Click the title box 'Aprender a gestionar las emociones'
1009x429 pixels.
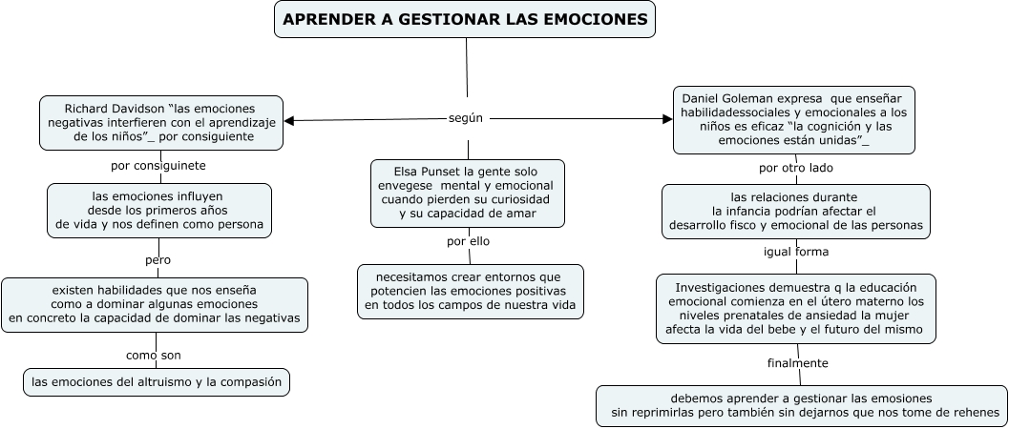point(465,19)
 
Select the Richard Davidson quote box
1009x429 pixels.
point(161,122)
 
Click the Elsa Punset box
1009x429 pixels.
point(467,193)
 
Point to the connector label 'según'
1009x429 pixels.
point(465,118)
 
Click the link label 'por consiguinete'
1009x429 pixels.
point(158,166)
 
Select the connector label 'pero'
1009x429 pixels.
point(158,259)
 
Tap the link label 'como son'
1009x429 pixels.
point(154,355)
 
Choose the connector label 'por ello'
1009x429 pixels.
point(468,241)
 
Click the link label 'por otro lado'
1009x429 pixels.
point(796,168)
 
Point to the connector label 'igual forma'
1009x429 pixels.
point(796,252)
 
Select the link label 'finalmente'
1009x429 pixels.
point(797,363)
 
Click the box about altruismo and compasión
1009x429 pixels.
point(157,381)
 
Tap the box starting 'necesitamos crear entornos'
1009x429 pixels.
point(470,291)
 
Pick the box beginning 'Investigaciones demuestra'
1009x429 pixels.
point(796,308)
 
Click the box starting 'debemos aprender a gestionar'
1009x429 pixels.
point(801,405)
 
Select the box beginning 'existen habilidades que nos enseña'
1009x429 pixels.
point(155,304)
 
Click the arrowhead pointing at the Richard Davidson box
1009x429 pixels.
point(289,120)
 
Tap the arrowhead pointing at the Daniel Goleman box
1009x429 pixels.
point(667,119)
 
